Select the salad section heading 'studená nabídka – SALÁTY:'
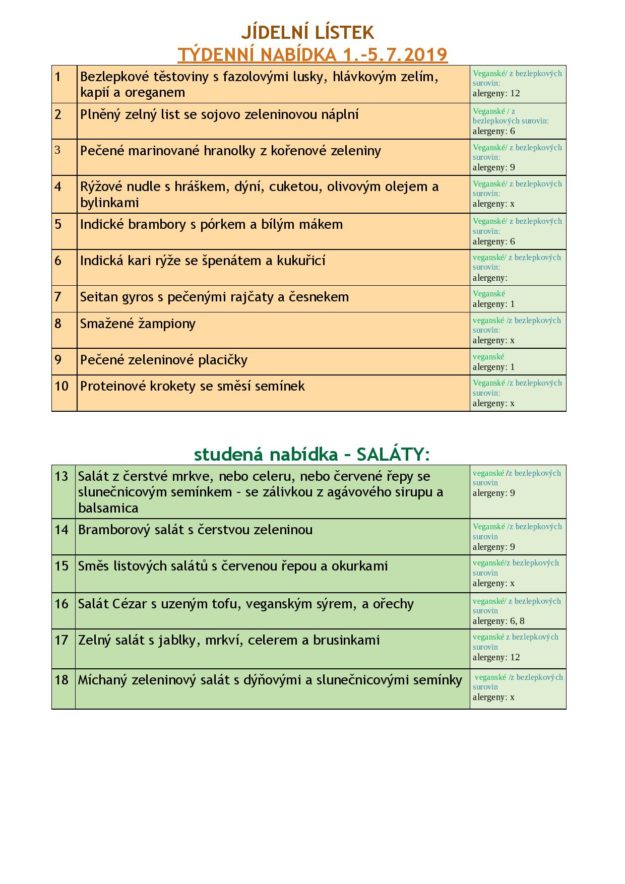[x=311, y=454]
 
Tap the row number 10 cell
[x=62, y=386]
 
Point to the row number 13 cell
[x=62, y=476]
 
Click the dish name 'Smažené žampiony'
[x=138, y=324]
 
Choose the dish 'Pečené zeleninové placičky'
[x=164, y=360]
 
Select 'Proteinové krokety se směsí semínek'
[x=192, y=386]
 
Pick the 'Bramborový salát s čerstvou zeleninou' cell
[x=195, y=530]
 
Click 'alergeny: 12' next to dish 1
[x=496, y=93]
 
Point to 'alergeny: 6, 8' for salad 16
[x=499, y=621]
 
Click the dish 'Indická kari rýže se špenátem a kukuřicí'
[x=203, y=261]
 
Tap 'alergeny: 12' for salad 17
[x=496, y=658]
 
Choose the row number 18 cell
[x=62, y=680]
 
